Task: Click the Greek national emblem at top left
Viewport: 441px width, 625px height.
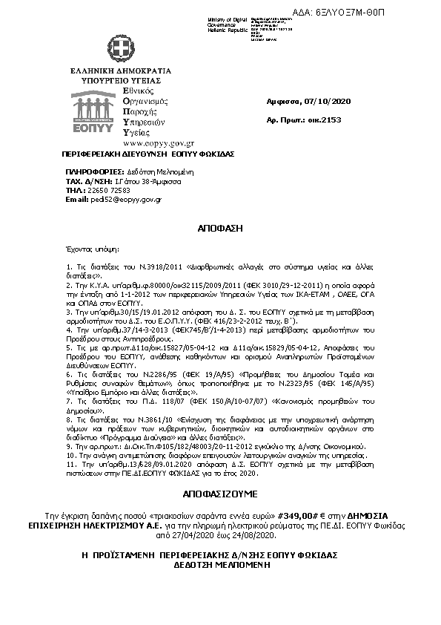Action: (116, 48)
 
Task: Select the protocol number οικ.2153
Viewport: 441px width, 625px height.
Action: (314, 120)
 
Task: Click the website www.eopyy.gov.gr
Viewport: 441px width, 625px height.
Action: (147, 142)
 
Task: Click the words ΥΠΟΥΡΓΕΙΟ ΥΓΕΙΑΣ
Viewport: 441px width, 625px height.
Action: (116, 79)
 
